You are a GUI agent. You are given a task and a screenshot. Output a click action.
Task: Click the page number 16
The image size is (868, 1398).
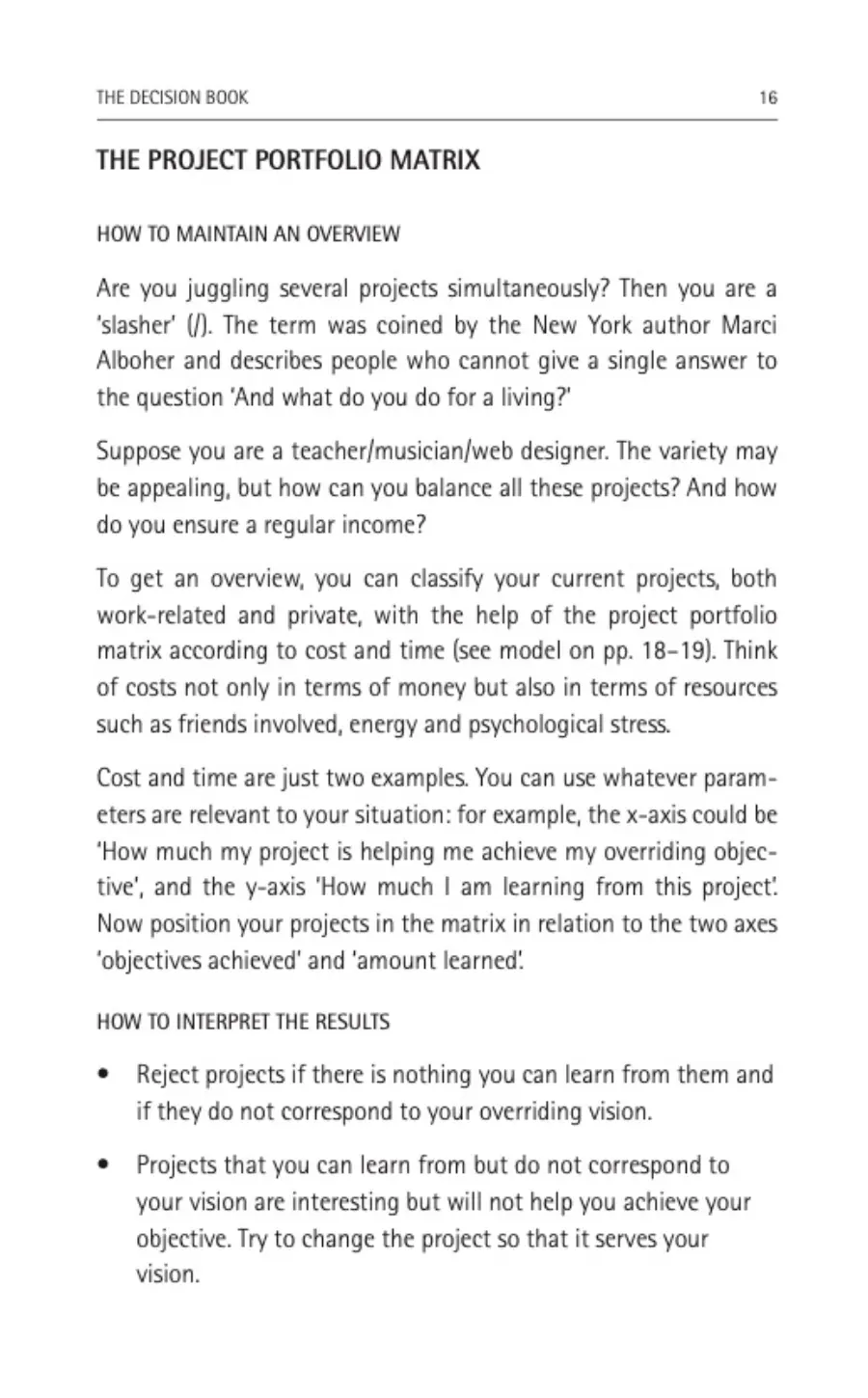(768, 97)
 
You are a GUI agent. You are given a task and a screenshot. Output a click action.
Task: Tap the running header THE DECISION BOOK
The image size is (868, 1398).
(173, 97)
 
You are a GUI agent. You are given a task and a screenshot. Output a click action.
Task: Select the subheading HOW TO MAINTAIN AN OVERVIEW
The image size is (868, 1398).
(248, 234)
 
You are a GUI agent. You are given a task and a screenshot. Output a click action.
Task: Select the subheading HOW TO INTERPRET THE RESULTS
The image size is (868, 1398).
(243, 1022)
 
